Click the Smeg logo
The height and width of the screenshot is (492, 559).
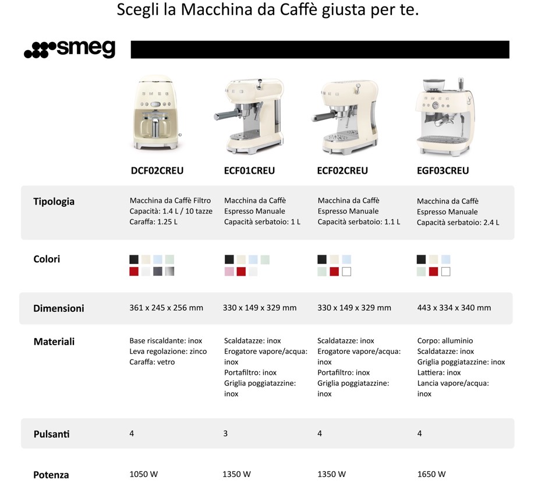tap(69, 50)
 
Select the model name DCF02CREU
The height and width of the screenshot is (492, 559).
tap(157, 171)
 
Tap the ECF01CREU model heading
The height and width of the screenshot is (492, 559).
tap(249, 171)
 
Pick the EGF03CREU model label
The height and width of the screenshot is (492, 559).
tap(443, 171)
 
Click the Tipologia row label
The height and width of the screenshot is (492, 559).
tap(54, 202)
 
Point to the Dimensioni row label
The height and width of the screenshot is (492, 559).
tap(58, 308)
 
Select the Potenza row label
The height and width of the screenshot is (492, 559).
tap(51, 475)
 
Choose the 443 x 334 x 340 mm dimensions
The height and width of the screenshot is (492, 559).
tap(454, 308)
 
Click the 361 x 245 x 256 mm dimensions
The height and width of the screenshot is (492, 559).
tap(166, 308)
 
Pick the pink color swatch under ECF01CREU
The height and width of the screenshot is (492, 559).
tap(229, 272)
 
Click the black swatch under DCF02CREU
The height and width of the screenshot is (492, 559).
tap(134, 259)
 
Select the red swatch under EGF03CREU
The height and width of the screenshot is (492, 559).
tap(433, 272)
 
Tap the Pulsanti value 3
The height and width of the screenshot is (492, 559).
tap(225, 434)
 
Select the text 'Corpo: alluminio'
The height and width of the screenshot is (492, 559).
tap(445, 341)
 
